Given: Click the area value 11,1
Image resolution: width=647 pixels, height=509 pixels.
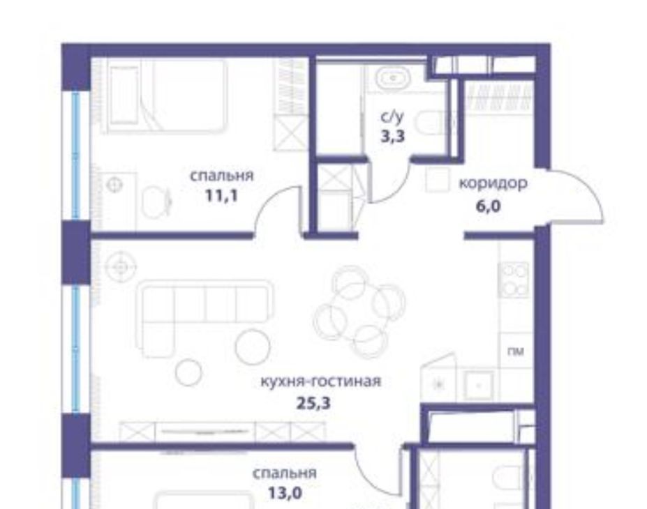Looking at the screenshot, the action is point(221,195).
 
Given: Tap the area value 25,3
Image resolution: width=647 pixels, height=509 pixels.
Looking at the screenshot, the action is point(313,402).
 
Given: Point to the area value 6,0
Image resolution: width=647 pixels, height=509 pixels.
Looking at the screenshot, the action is point(488,206).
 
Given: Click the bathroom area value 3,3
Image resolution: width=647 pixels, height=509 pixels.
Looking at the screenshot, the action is point(393,135).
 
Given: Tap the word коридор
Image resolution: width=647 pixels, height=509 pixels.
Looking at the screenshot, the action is point(493,183).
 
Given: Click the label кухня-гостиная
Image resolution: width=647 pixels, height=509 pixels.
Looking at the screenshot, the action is point(320,381).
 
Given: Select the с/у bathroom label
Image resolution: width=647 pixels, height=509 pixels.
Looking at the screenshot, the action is point(392,117).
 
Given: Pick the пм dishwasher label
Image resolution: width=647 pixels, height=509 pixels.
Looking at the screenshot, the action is point(516,351).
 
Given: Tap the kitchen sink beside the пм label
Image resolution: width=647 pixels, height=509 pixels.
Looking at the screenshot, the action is point(479,385).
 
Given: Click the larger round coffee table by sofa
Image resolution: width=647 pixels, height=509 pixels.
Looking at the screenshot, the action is point(253,347).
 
